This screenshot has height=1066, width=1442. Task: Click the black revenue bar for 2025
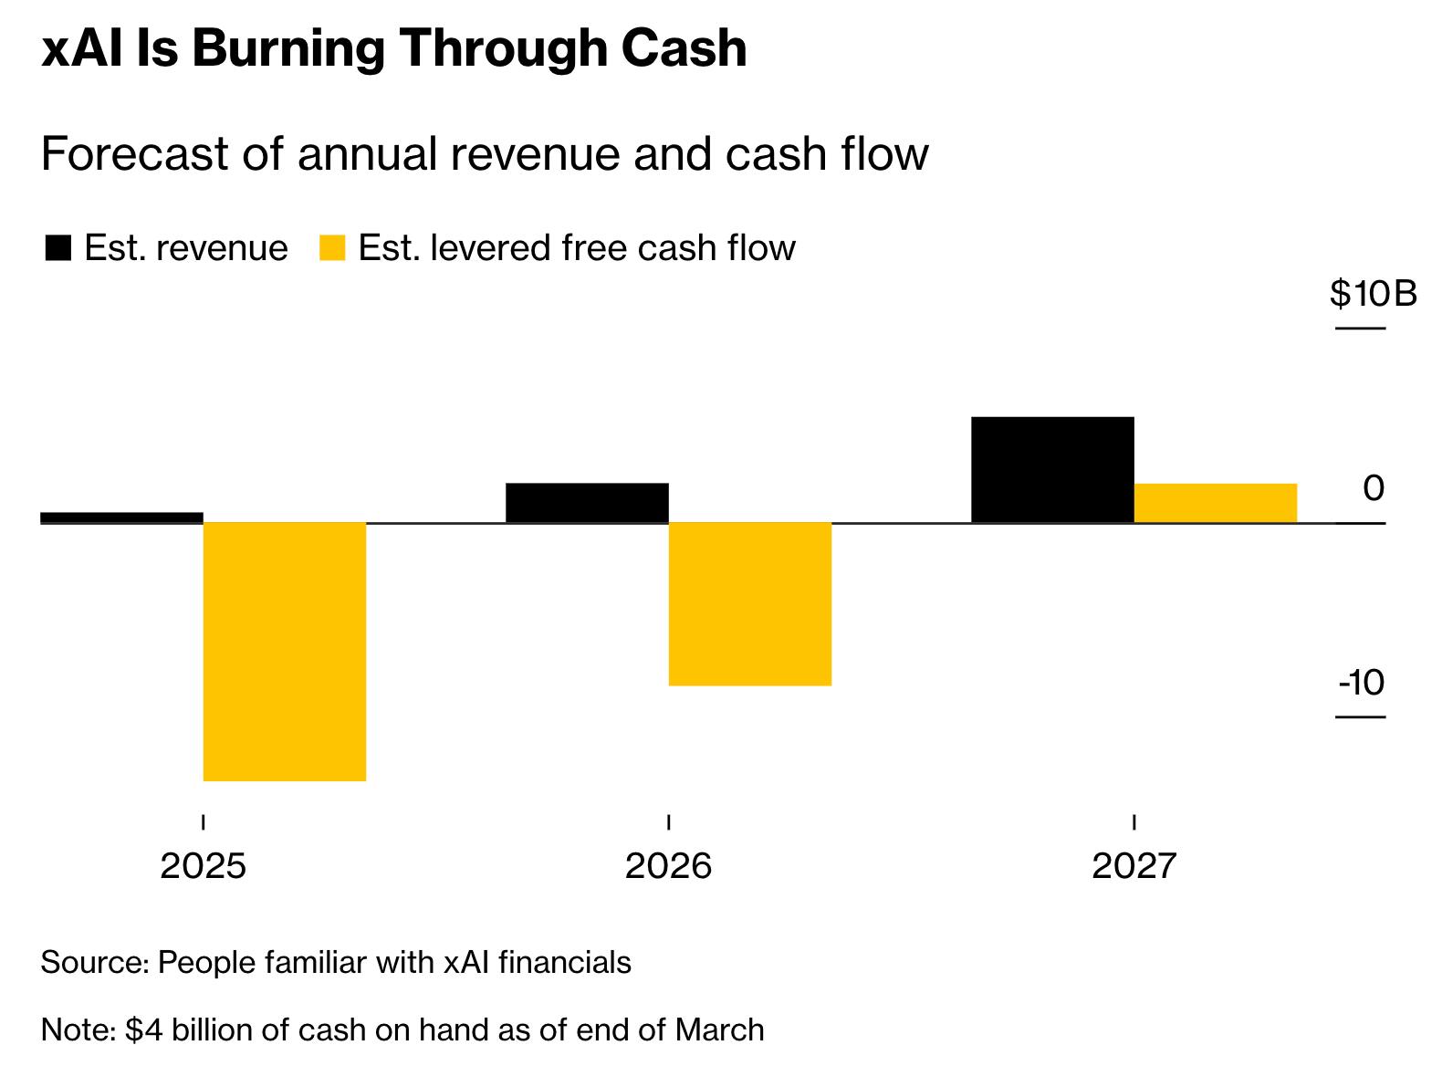pyautogui.click(x=121, y=517)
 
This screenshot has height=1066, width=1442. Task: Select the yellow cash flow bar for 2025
pyautogui.click(x=285, y=651)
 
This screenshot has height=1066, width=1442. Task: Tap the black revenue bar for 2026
pyautogui.click(x=587, y=503)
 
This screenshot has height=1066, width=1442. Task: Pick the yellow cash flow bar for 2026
pyautogui.click(x=750, y=603)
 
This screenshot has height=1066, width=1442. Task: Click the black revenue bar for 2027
pyautogui.click(x=1052, y=470)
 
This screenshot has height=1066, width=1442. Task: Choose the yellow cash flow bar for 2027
pyautogui.click(x=1215, y=503)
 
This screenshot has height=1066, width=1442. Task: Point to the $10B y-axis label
pyautogui.click(x=1373, y=294)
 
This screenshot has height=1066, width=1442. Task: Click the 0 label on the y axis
pyautogui.click(x=1373, y=488)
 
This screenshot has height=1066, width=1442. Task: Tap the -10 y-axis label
pyautogui.click(x=1361, y=683)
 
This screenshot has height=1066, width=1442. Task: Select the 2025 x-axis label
pyautogui.click(x=203, y=865)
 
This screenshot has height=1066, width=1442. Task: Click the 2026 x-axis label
pyautogui.click(x=668, y=865)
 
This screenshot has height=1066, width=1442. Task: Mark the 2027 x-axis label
pyautogui.click(x=1134, y=865)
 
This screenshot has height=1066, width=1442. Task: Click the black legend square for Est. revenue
pyautogui.click(x=57, y=248)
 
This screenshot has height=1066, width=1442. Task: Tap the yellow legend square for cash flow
pyautogui.click(x=332, y=248)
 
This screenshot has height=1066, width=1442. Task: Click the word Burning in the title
pyautogui.click(x=287, y=48)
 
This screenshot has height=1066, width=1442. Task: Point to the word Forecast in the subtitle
pyautogui.click(x=134, y=153)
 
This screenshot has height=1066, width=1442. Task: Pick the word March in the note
pyautogui.click(x=719, y=1029)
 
